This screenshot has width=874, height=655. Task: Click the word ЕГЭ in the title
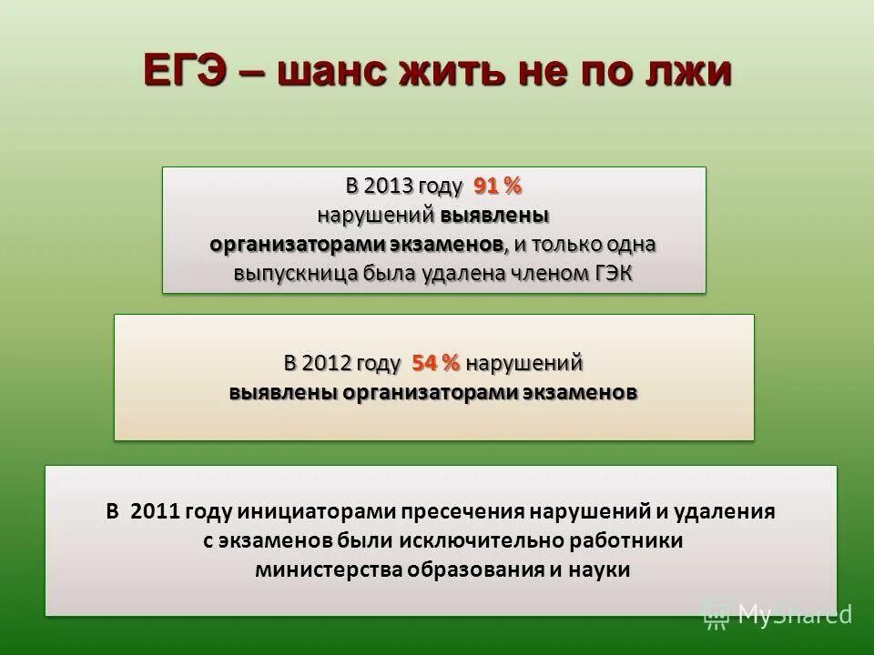[190, 71]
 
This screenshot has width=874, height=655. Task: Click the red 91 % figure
[497, 186]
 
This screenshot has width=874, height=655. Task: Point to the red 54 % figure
[436, 362]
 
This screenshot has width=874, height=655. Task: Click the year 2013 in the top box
[388, 186]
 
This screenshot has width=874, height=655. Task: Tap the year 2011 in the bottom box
[156, 511]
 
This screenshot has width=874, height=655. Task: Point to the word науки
[599, 570]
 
